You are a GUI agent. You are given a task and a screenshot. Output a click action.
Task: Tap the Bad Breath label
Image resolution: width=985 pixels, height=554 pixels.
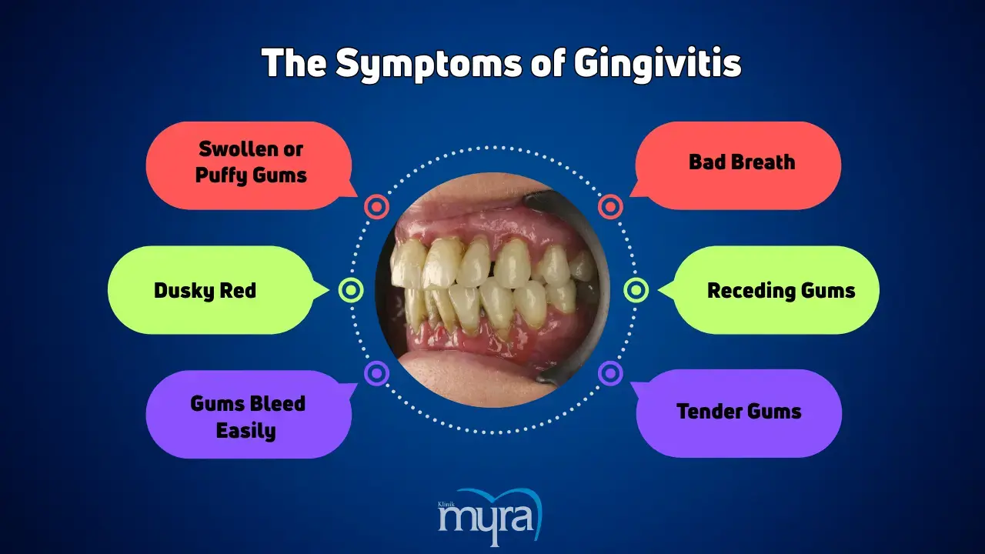pos(742,162)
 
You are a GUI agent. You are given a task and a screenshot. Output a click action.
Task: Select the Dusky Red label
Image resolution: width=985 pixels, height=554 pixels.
pos(205,291)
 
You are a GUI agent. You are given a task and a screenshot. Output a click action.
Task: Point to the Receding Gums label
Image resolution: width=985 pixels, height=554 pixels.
pos(781,291)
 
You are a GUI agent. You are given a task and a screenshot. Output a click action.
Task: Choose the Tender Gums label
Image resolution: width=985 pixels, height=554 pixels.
pos(739,412)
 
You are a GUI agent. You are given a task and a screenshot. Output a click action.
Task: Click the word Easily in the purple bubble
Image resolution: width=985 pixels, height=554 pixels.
pos(245,431)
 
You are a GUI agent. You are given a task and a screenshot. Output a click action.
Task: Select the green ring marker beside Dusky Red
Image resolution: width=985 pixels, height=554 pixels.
pos(351,290)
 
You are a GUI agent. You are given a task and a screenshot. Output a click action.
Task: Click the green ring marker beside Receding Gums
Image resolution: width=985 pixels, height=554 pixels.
pos(636,290)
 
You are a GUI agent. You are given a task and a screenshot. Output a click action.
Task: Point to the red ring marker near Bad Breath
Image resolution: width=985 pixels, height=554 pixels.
pos(610,207)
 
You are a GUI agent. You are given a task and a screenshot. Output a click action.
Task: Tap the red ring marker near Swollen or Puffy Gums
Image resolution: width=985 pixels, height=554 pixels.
pos(376,207)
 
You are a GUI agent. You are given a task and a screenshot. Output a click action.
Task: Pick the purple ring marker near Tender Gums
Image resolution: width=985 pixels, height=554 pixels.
pos(610,373)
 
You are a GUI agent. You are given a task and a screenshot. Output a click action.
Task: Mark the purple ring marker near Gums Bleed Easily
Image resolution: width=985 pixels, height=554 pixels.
pos(376,373)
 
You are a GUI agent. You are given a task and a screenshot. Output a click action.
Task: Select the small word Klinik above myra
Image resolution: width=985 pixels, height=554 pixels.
pos(446,504)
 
